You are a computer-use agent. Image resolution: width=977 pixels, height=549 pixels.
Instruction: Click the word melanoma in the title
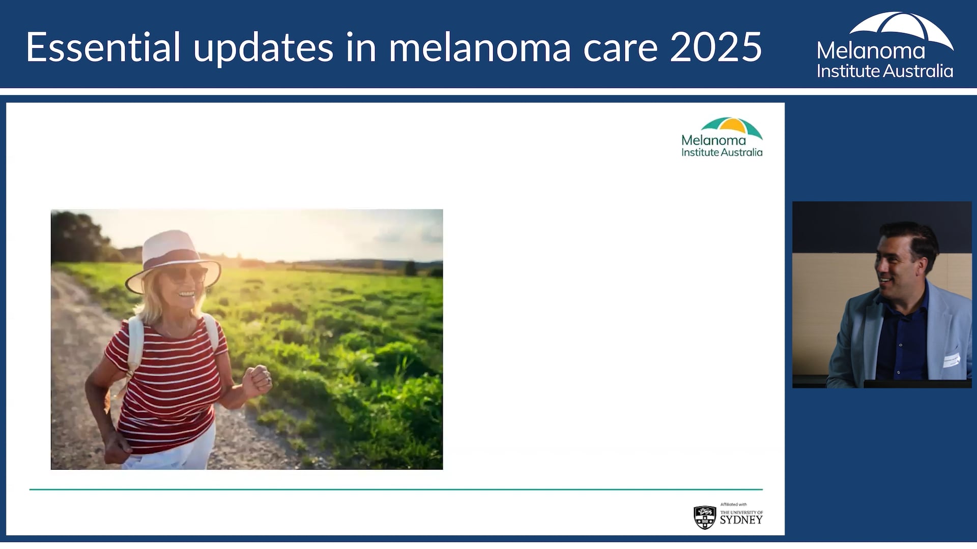[x=480, y=48]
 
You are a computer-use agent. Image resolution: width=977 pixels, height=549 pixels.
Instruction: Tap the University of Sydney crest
[x=705, y=517]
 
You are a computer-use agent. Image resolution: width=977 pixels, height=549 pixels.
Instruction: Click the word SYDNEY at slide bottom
[x=741, y=520]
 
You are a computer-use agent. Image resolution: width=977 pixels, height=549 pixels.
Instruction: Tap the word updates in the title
[x=263, y=48]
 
